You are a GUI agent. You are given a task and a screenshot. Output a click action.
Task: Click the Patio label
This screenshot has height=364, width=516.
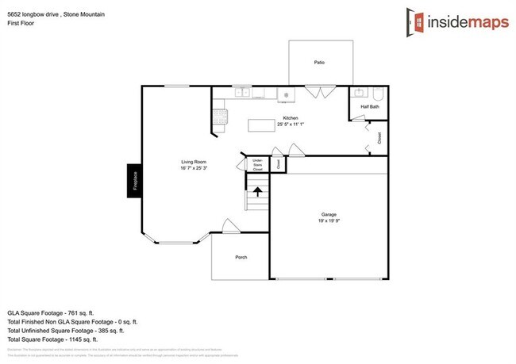click(x=319, y=62)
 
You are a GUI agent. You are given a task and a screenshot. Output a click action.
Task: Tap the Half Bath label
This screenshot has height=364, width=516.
click(x=369, y=106)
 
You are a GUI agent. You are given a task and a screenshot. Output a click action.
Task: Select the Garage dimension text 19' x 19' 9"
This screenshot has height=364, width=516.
click(x=329, y=221)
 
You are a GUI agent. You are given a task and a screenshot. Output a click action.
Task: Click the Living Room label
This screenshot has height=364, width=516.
click(x=194, y=162)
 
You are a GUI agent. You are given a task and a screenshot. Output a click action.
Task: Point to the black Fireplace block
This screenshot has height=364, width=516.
click(x=135, y=182)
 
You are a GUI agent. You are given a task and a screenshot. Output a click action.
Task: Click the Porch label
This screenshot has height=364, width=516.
click(x=241, y=258)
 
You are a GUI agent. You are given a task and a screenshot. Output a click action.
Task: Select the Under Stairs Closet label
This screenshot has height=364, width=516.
click(x=257, y=165)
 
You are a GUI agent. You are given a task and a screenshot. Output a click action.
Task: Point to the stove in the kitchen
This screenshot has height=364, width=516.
click(x=220, y=117)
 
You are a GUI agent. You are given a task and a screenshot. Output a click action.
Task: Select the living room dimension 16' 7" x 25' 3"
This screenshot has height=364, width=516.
click(x=194, y=168)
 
